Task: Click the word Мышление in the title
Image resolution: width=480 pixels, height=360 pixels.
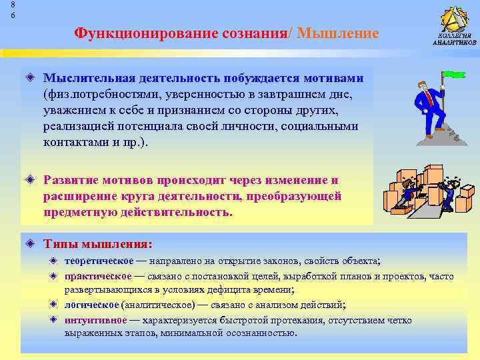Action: coord(337,33)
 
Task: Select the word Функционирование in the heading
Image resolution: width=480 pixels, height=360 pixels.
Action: coord(128,33)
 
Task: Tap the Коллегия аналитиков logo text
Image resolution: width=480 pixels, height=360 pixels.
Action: coord(454,39)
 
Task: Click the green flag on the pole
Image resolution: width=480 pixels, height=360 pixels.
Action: coord(454,75)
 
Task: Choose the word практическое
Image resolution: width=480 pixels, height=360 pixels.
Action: coord(98,275)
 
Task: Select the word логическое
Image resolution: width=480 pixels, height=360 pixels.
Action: coord(91,305)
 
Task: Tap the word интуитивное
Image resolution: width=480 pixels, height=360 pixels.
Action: coord(95,319)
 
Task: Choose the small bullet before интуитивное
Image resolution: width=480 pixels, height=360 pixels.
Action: coord(55,319)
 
